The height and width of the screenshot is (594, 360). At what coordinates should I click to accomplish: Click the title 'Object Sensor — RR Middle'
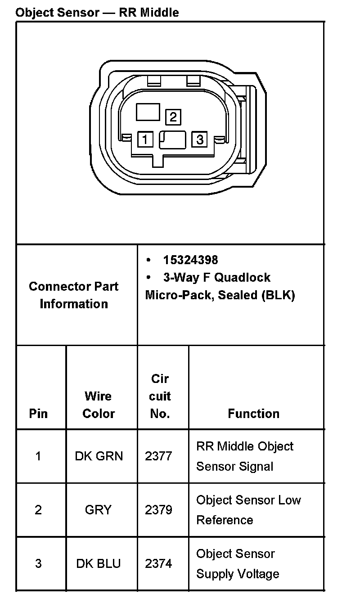97,13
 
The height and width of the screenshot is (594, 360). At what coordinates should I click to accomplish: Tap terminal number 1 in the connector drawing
145,139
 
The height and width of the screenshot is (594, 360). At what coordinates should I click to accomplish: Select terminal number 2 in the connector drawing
173,117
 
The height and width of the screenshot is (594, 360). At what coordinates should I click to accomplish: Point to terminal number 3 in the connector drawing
200,139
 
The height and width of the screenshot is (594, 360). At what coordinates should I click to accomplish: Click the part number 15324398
190,260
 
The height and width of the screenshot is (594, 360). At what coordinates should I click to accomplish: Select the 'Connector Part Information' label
74,295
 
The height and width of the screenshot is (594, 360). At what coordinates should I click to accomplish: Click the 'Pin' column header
38,414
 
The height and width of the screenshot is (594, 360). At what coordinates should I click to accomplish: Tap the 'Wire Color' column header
99,405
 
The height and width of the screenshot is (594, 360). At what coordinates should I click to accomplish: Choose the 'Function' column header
253,414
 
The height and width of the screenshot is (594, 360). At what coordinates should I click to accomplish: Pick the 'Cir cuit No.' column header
160,396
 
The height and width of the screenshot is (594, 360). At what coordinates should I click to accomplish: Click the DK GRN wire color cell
99,456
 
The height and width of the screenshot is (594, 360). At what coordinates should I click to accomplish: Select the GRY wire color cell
98,510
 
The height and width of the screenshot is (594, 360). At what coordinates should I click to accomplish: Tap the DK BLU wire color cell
99,563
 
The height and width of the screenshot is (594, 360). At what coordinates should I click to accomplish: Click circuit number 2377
158,456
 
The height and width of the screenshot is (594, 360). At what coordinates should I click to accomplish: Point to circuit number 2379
158,510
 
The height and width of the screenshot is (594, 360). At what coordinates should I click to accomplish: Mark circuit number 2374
158,563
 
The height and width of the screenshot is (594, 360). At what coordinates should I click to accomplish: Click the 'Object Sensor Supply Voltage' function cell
238,564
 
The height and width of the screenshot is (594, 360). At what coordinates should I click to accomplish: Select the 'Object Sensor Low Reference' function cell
248,510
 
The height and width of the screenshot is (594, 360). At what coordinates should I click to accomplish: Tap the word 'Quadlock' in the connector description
242,277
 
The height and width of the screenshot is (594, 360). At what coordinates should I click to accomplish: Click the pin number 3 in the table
38,563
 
